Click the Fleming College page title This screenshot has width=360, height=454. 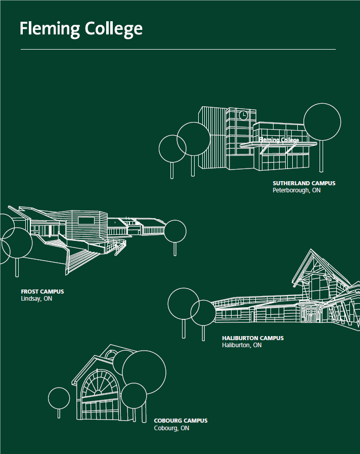tap(81, 29)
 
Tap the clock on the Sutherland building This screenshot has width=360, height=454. tap(243, 115)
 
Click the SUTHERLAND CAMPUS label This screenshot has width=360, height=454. tap(304, 183)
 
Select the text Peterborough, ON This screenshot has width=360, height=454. tap(296, 190)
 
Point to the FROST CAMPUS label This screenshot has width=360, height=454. tap(42, 292)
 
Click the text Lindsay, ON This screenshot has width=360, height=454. tap(36, 299)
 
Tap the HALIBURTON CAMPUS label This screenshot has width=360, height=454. tap(253, 338)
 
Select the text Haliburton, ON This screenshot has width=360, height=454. tap(242, 345)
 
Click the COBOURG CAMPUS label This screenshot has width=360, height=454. tap(181, 421)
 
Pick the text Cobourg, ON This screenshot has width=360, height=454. tap(171, 428)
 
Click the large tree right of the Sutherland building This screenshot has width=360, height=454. tap(322, 122)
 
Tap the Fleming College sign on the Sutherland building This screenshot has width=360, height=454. tap(279, 140)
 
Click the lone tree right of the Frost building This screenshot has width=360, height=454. tap(175, 231)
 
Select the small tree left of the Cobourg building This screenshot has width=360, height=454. tap(59, 398)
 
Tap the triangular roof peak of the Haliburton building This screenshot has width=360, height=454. tap(311, 251)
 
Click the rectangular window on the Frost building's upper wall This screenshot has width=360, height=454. tap(86, 221)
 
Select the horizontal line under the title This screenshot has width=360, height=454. tap(178, 50)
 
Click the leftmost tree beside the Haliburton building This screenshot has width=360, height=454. tap(183, 304)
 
